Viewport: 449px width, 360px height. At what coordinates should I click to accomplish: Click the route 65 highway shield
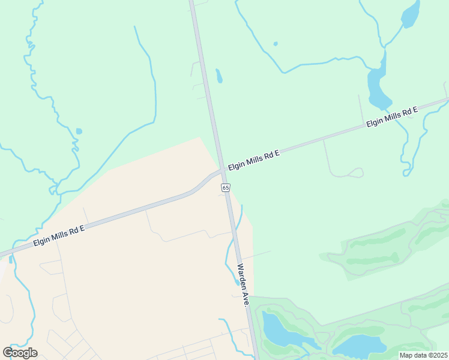point(225,188)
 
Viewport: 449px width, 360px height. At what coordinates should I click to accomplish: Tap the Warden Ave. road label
point(243,286)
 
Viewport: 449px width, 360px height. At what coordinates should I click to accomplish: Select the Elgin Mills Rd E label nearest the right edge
point(392,118)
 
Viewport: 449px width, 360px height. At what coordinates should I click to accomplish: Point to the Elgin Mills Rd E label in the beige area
point(59,235)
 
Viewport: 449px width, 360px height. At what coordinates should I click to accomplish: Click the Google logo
point(20,353)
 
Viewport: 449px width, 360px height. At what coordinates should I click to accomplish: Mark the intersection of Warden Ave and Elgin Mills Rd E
point(222,172)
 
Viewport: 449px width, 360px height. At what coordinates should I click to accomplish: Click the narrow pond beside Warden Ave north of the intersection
point(219,76)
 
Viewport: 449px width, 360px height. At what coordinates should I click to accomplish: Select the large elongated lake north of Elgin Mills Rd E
point(376,86)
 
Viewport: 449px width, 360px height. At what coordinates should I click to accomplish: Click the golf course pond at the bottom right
point(359,346)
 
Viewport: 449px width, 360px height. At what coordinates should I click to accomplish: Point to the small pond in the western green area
point(79,131)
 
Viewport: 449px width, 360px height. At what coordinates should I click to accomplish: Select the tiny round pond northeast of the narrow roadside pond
point(276,44)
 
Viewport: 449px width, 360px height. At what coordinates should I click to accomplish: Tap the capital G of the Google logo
point(8,352)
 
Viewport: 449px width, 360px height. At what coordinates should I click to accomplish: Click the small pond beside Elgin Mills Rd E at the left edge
point(10,259)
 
